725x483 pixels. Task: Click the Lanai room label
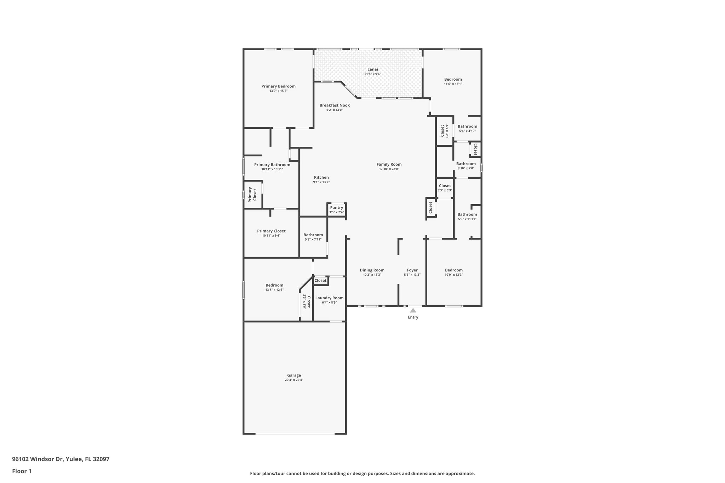pos(372,69)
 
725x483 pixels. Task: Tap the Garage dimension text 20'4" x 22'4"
pos(294,380)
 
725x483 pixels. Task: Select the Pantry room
pos(336,209)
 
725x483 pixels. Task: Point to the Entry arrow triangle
pos(413,310)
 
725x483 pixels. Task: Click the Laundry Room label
pos(329,298)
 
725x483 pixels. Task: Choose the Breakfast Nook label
pos(335,105)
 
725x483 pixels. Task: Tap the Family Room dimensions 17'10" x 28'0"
pos(389,169)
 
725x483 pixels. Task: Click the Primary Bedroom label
pos(278,86)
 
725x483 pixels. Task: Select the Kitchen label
pos(321,178)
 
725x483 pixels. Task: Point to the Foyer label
pos(412,270)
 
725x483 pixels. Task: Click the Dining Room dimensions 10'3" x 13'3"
pos(372,275)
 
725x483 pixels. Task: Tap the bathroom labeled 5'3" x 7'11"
pos(313,237)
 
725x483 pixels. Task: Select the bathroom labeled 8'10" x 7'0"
pos(466,166)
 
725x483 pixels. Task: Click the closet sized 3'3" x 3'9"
pos(445,188)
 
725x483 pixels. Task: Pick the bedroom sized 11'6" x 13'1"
pos(453,81)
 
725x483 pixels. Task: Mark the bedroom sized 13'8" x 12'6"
pos(274,287)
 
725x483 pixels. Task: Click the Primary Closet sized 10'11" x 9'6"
pos(271,233)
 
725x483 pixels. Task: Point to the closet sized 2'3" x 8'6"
pos(307,301)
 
